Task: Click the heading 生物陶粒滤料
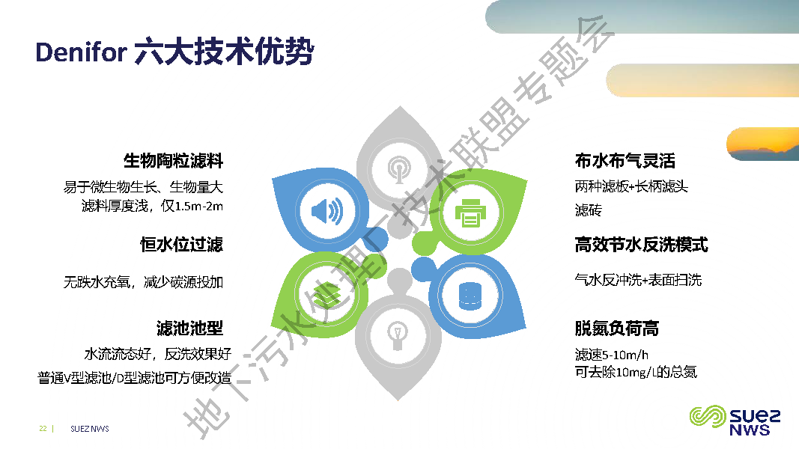click(x=173, y=161)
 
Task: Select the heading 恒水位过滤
click(x=181, y=245)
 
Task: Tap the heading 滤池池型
click(x=189, y=329)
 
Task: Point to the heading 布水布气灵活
click(x=625, y=161)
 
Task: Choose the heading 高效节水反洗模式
click(x=641, y=245)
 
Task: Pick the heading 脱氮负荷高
click(x=616, y=329)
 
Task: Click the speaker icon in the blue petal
click(x=326, y=212)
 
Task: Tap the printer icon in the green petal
click(x=470, y=212)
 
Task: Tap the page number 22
click(x=43, y=429)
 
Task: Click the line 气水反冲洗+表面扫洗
click(x=638, y=281)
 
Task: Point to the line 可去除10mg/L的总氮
click(x=636, y=372)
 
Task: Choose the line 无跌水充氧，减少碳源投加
click(x=143, y=283)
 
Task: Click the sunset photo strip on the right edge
click(x=762, y=144)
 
